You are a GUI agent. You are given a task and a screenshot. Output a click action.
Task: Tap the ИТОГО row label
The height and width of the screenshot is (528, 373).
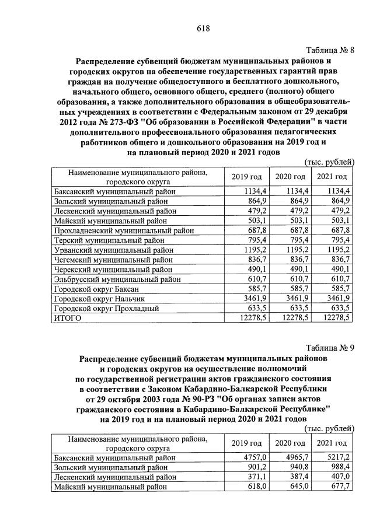tap(67, 318)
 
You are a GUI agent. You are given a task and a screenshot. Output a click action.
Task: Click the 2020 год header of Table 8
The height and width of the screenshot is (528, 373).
tap(290, 176)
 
